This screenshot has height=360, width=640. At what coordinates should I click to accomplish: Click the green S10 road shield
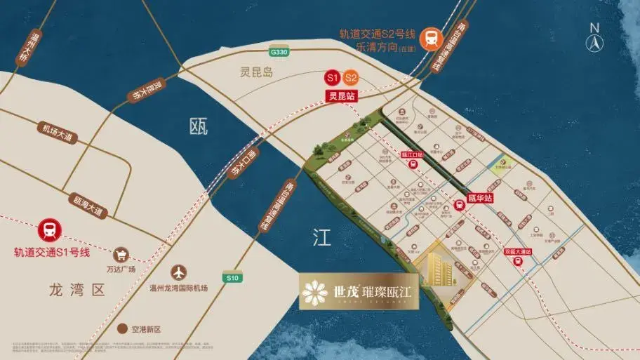point(234,278)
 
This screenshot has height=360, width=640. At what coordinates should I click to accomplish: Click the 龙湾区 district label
point(77,290)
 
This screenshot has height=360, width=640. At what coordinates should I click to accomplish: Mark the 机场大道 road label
point(57,133)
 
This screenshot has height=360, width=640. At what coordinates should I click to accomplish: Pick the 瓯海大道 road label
point(87,206)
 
